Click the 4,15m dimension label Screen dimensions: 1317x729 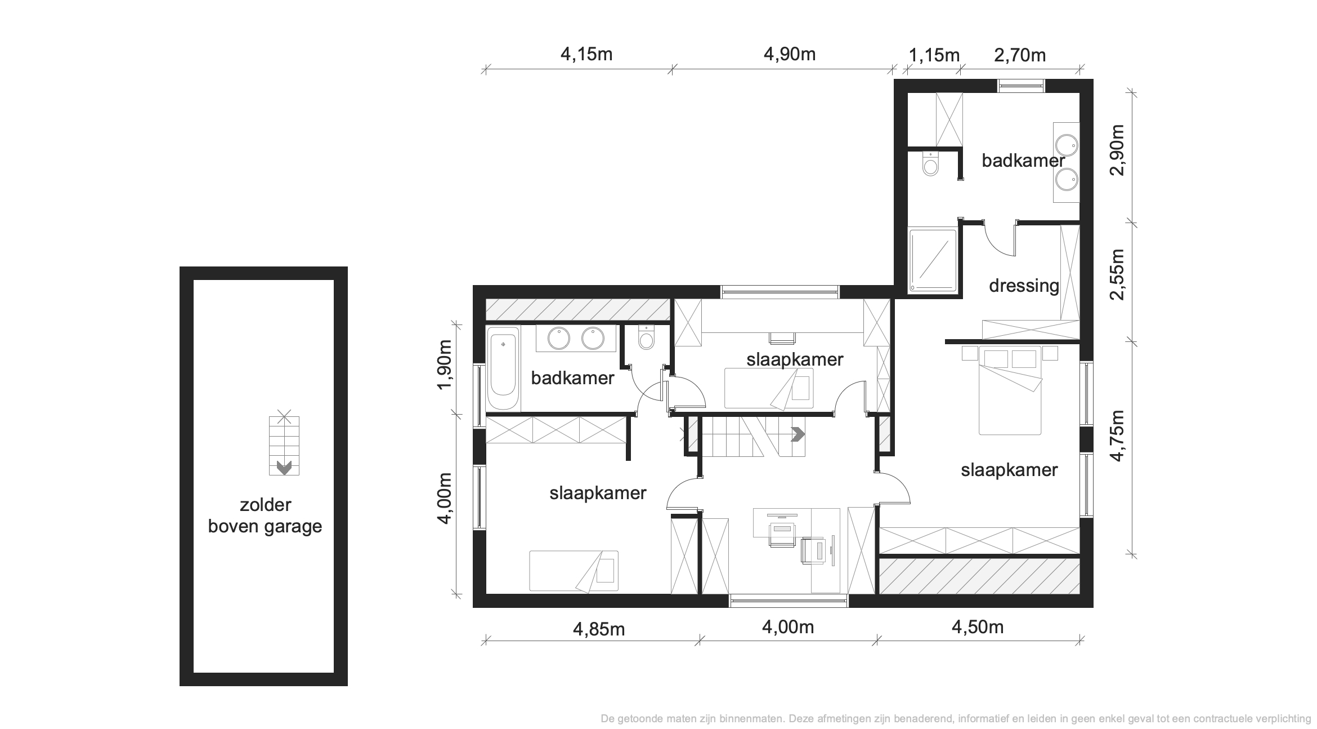586,54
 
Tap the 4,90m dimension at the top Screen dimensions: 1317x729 790,54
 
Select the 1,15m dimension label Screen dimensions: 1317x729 934,55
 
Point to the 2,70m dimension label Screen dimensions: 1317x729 1020,55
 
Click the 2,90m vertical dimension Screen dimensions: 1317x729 1117,150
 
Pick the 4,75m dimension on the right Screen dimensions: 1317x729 1117,435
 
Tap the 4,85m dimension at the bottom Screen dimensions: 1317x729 599,629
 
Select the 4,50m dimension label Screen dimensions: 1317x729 978,627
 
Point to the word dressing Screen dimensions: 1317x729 1024,286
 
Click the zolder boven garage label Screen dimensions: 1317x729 265,515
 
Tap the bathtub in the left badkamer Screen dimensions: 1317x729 503,368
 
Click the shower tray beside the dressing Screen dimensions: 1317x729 933,260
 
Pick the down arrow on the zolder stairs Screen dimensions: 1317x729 284,468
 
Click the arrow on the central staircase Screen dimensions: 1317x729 798,434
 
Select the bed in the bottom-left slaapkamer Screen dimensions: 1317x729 574,571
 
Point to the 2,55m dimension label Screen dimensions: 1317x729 1117,274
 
